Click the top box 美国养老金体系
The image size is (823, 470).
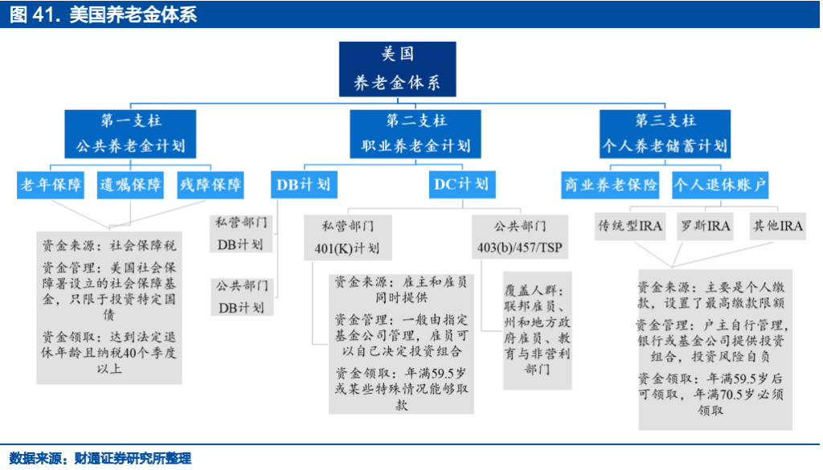(397, 69)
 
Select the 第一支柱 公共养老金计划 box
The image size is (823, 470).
(130, 134)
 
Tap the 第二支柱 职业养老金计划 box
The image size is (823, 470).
(416, 134)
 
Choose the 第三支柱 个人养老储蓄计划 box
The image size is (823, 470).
(665, 134)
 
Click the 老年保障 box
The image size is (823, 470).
(51, 185)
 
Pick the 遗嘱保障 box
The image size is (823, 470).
(130, 185)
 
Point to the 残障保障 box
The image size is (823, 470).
(211, 185)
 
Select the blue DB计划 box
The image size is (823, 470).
(304, 185)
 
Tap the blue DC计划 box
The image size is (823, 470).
(462, 185)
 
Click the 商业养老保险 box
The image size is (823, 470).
(610, 185)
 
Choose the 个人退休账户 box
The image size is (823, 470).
(720, 185)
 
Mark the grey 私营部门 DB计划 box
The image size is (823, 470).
(241, 234)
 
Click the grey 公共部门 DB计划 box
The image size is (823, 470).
(242, 296)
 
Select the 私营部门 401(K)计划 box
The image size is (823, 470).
(347, 238)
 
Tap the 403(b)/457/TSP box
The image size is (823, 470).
(520, 238)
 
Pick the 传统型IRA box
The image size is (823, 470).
(630, 226)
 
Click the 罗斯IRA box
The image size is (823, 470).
(705, 226)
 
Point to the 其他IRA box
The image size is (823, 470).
(777, 226)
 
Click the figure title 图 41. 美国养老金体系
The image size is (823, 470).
(104, 14)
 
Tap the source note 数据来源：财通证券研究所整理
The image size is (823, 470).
(100, 459)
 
